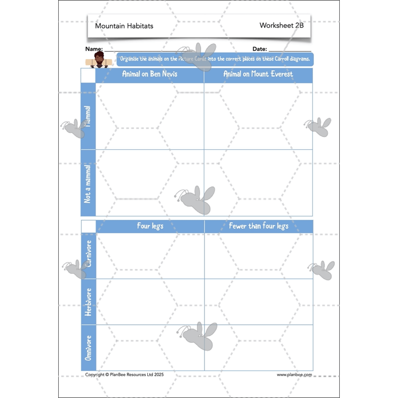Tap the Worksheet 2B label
tap(281, 25)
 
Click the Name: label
tap(94, 49)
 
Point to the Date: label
tap(260, 49)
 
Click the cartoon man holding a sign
tap(99, 60)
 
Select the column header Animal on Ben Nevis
tap(150, 75)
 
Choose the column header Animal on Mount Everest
tap(258, 75)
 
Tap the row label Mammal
tap(88, 116)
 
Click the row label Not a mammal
tap(88, 183)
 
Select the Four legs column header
tap(150, 226)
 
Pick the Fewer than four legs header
tap(259, 226)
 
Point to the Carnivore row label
tap(89, 256)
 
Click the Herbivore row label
tap(89, 302)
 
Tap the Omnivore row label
tap(89, 347)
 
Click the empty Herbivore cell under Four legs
tap(150, 302)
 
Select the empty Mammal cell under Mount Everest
tap(258, 116)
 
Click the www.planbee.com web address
tap(295, 375)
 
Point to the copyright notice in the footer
tap(124, 375)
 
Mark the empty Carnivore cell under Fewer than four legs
tap(259, 256)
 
